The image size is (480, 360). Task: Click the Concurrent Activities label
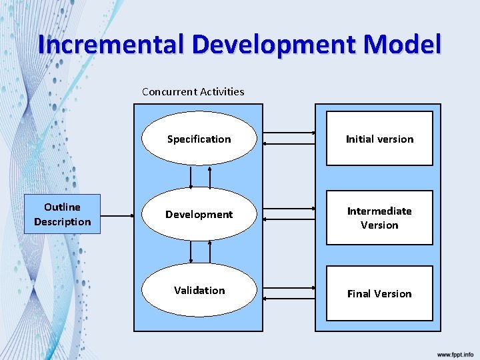tap(193, 91)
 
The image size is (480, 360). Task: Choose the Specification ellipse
tap(199, 139)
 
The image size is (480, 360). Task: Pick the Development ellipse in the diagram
tap(199, 214)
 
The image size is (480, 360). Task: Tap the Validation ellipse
tap(199, 290)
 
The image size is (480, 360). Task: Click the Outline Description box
tap(62, 214)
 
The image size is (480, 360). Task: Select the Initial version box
tap(379, 139)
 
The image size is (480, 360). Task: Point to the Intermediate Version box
tap(379, 218)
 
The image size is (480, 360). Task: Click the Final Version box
tap(379, 293)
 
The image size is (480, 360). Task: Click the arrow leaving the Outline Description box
tap(117, 215)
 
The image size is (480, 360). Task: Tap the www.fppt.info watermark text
tap(455, 353)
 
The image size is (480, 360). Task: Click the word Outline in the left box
tap(62, 207)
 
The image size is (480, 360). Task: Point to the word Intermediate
tap(379, 211)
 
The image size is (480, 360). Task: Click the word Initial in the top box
tap(361, 139)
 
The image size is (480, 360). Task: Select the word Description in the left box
tap(62, 221)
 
